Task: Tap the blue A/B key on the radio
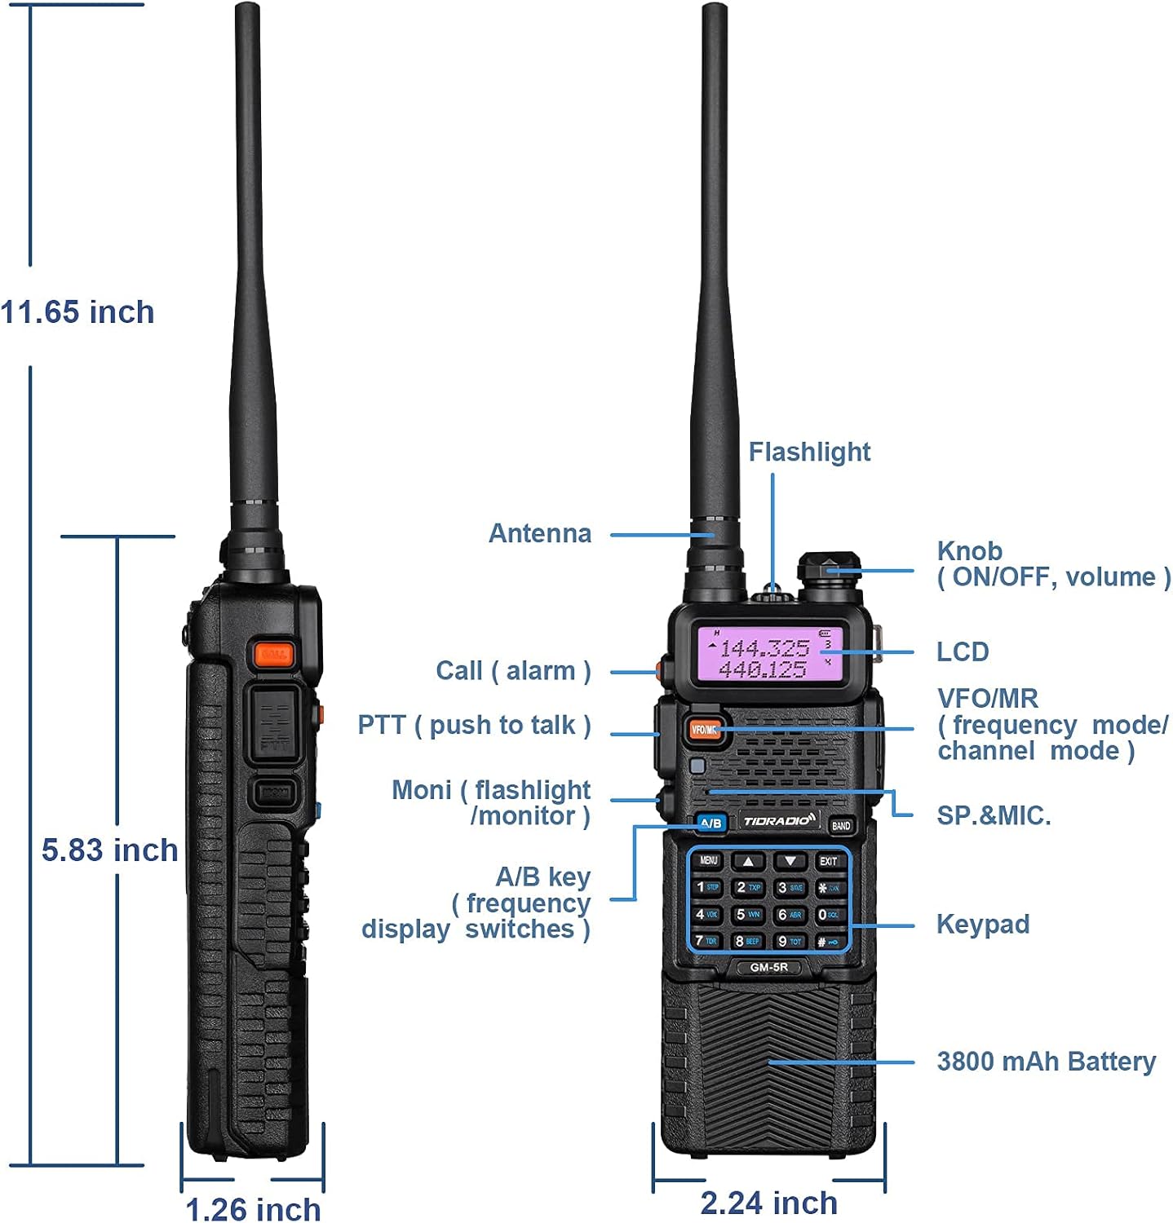[710, 823]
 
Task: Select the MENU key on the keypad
[708, 861]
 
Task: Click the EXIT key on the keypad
[828, 861]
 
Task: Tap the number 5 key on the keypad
[747, 915]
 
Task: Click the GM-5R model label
[768, 967]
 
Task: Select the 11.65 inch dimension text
[77, 312]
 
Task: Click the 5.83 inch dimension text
[109, 850]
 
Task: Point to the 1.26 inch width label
[253, 1208]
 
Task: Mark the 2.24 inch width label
[768, 1203]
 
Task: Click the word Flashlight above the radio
[809, 452]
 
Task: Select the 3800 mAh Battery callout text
[1046, 1062]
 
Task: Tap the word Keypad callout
[982, 924]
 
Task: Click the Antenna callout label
[539, 533]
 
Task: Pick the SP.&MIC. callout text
[993, 815]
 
